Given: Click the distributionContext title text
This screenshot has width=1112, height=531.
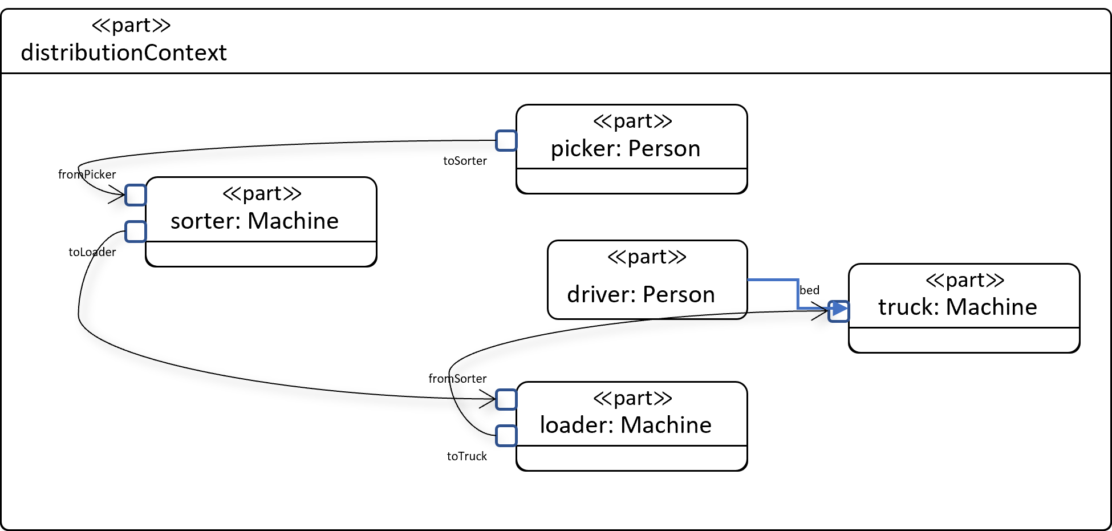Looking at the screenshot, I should click(124, 52).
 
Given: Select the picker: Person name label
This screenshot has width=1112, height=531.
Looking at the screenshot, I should click(626, 148).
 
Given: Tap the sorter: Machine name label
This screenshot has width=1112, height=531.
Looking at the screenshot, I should click(254, 221).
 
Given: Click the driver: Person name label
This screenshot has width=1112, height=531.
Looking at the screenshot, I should click(641, 294).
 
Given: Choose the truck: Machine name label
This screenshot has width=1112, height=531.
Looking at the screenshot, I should click(957, 307).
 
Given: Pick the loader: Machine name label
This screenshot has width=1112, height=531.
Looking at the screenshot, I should click(626, 425).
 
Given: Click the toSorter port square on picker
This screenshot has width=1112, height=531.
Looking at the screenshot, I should click(506, 140).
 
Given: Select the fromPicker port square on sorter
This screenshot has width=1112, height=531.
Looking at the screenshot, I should click(136, 195).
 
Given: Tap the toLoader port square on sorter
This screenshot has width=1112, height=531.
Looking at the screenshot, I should click(136, 232).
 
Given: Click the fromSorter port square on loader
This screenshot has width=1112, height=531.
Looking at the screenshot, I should click(506, 399).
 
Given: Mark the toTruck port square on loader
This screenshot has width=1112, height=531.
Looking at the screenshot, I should click(506, 436).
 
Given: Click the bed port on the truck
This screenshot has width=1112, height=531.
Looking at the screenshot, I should click(838, 311).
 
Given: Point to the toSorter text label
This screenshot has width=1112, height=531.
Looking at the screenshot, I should click(465, 161).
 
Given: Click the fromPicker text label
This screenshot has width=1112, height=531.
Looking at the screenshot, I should click(87, 175).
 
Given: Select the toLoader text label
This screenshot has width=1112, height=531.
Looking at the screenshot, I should click(92, 252).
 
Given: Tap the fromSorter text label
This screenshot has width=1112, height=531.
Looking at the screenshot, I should click(457, 379).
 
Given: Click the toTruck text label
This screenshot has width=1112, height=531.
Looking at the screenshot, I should click(466, 456).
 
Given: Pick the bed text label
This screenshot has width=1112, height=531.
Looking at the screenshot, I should click(809, 290).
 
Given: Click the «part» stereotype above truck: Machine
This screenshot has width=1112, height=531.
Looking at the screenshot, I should click(964, 280).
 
